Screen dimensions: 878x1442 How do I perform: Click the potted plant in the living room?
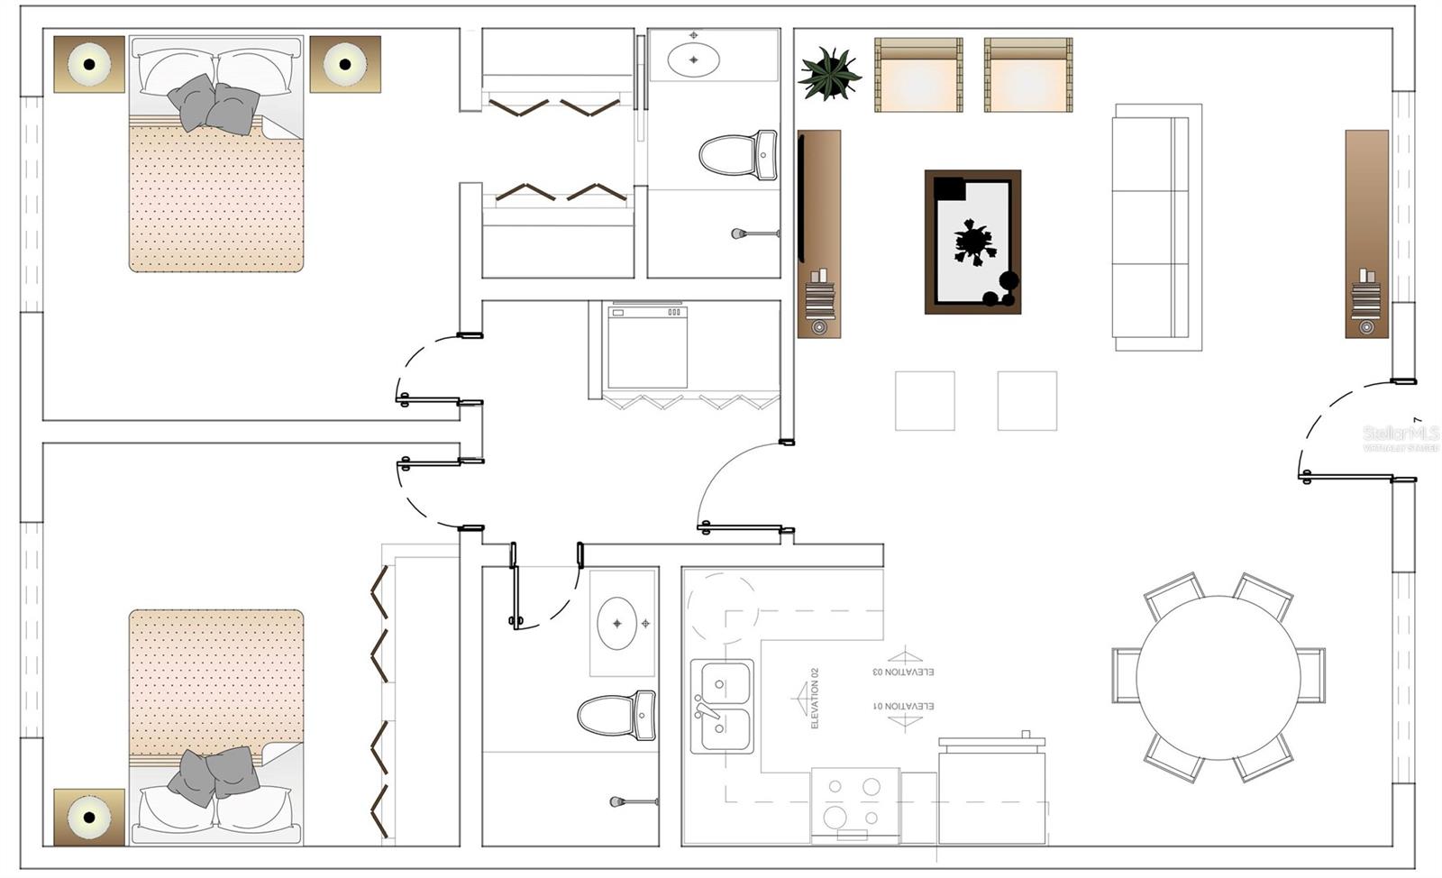828,74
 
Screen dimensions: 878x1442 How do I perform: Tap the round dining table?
1218,677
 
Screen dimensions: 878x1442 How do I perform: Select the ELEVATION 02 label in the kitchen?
815,698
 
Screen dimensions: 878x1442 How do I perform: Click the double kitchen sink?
722,706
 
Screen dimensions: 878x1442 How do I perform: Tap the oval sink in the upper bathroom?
693,59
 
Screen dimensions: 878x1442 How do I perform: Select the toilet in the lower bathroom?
617,716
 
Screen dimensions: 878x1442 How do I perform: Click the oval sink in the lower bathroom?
617,623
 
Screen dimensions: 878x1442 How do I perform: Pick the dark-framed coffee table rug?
972,242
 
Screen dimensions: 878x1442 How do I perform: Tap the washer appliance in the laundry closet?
647,347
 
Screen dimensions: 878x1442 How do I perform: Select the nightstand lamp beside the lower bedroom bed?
89,817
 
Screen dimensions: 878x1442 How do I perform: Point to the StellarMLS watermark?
1400,437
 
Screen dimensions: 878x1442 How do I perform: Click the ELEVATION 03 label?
903,672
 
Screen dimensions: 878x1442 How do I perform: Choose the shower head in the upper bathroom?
740,234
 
